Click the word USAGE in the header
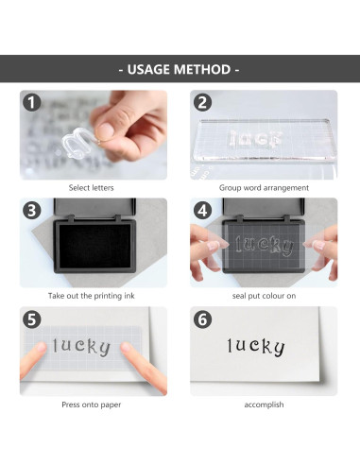click(x=148, y=69)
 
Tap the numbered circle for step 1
click(x=32, y=102)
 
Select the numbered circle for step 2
click(x=202, y=102)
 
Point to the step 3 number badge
click(x=32, y=211)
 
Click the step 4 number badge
click(x=202, y=211)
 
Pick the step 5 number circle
click(x=32, y=319)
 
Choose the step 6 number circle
click(x=202, y=319)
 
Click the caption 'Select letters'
click(x=91, y=188)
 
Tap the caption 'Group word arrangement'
click(x=264, y=188)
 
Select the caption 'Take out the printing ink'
click(x=92, y=296)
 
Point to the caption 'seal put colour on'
click(x=264, y=296)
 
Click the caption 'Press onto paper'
click(x=92, y=405)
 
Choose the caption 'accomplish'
click(x=264, y=405)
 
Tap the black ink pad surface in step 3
click(x=94, y=246)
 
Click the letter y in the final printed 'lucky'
click(x=278, y=348)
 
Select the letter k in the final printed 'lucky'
click(x=266, y=346)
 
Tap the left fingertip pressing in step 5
click(x=40, y=348)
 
